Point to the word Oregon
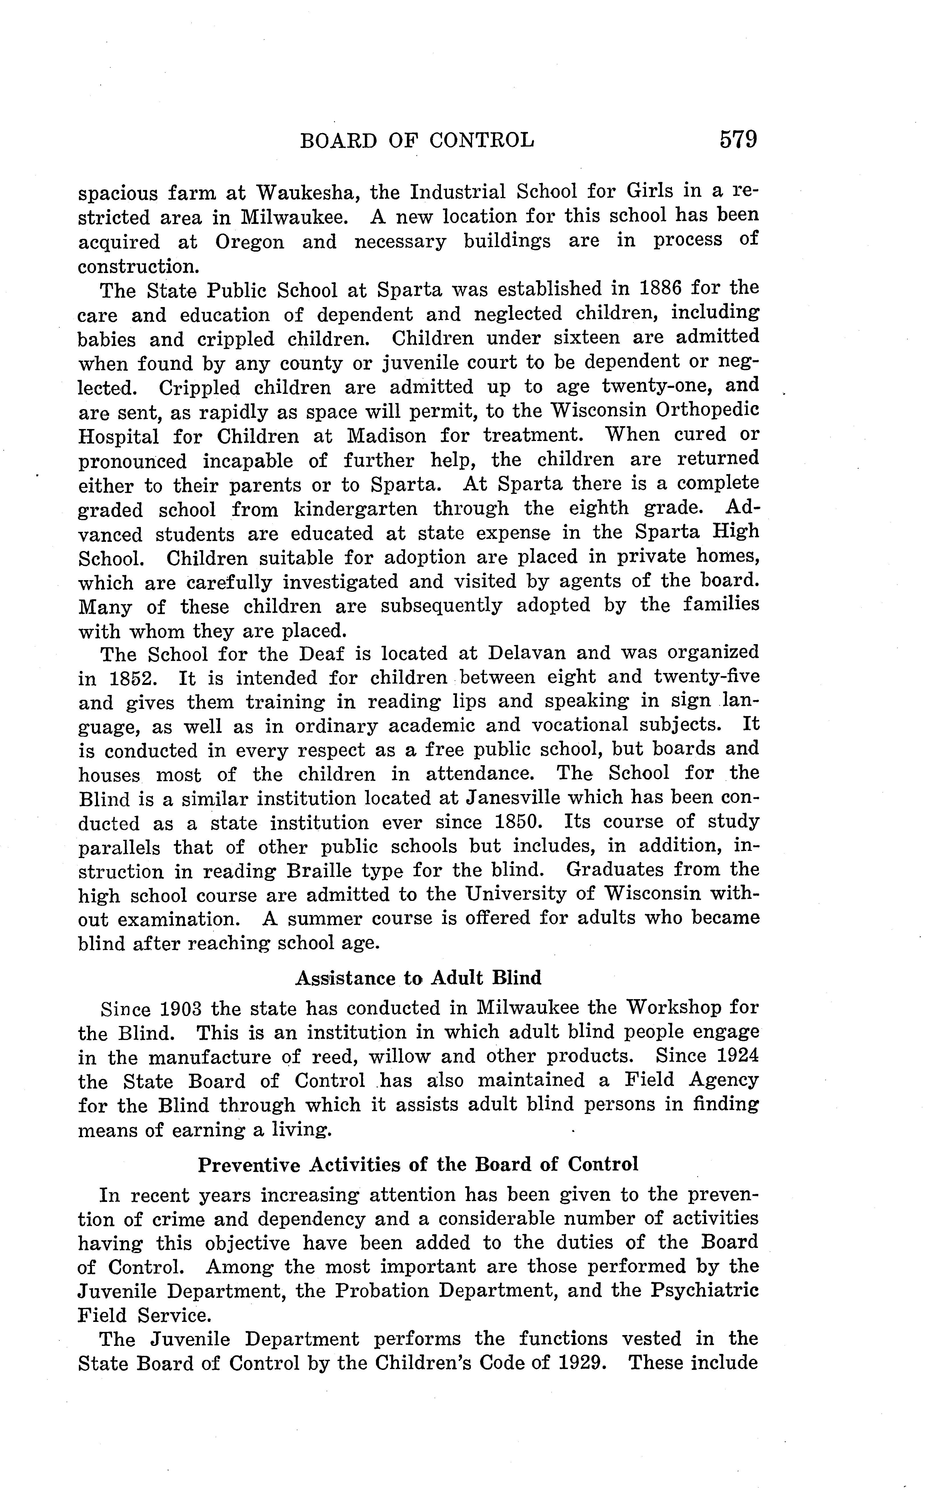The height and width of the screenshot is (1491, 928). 249,242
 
